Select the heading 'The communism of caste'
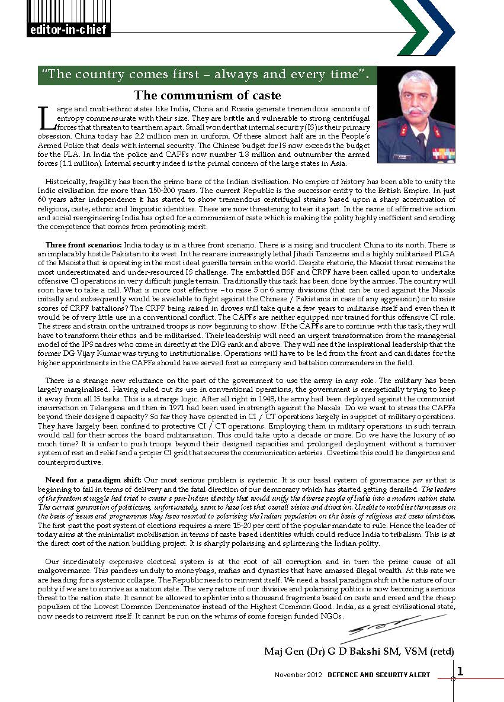207,95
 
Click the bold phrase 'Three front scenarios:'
84,244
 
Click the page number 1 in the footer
460,671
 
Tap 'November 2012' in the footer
298,675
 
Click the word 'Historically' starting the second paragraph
66,182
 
